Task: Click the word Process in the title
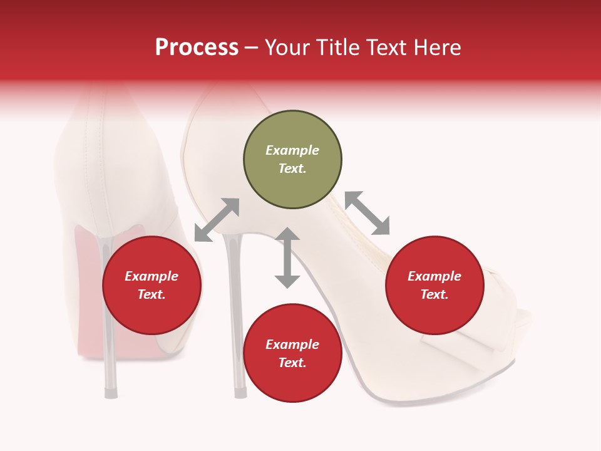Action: point(197,48)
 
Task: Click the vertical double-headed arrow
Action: point(287,257)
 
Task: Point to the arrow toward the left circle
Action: point(217,220)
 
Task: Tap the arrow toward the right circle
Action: point(367,213)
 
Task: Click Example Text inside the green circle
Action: point(292,159)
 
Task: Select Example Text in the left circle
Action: point(152,285)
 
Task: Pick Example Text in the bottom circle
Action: point(292,353)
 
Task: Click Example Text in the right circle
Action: point(434,285)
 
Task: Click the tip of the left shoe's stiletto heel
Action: point(111,393)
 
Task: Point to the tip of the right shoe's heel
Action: point(240,393)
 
